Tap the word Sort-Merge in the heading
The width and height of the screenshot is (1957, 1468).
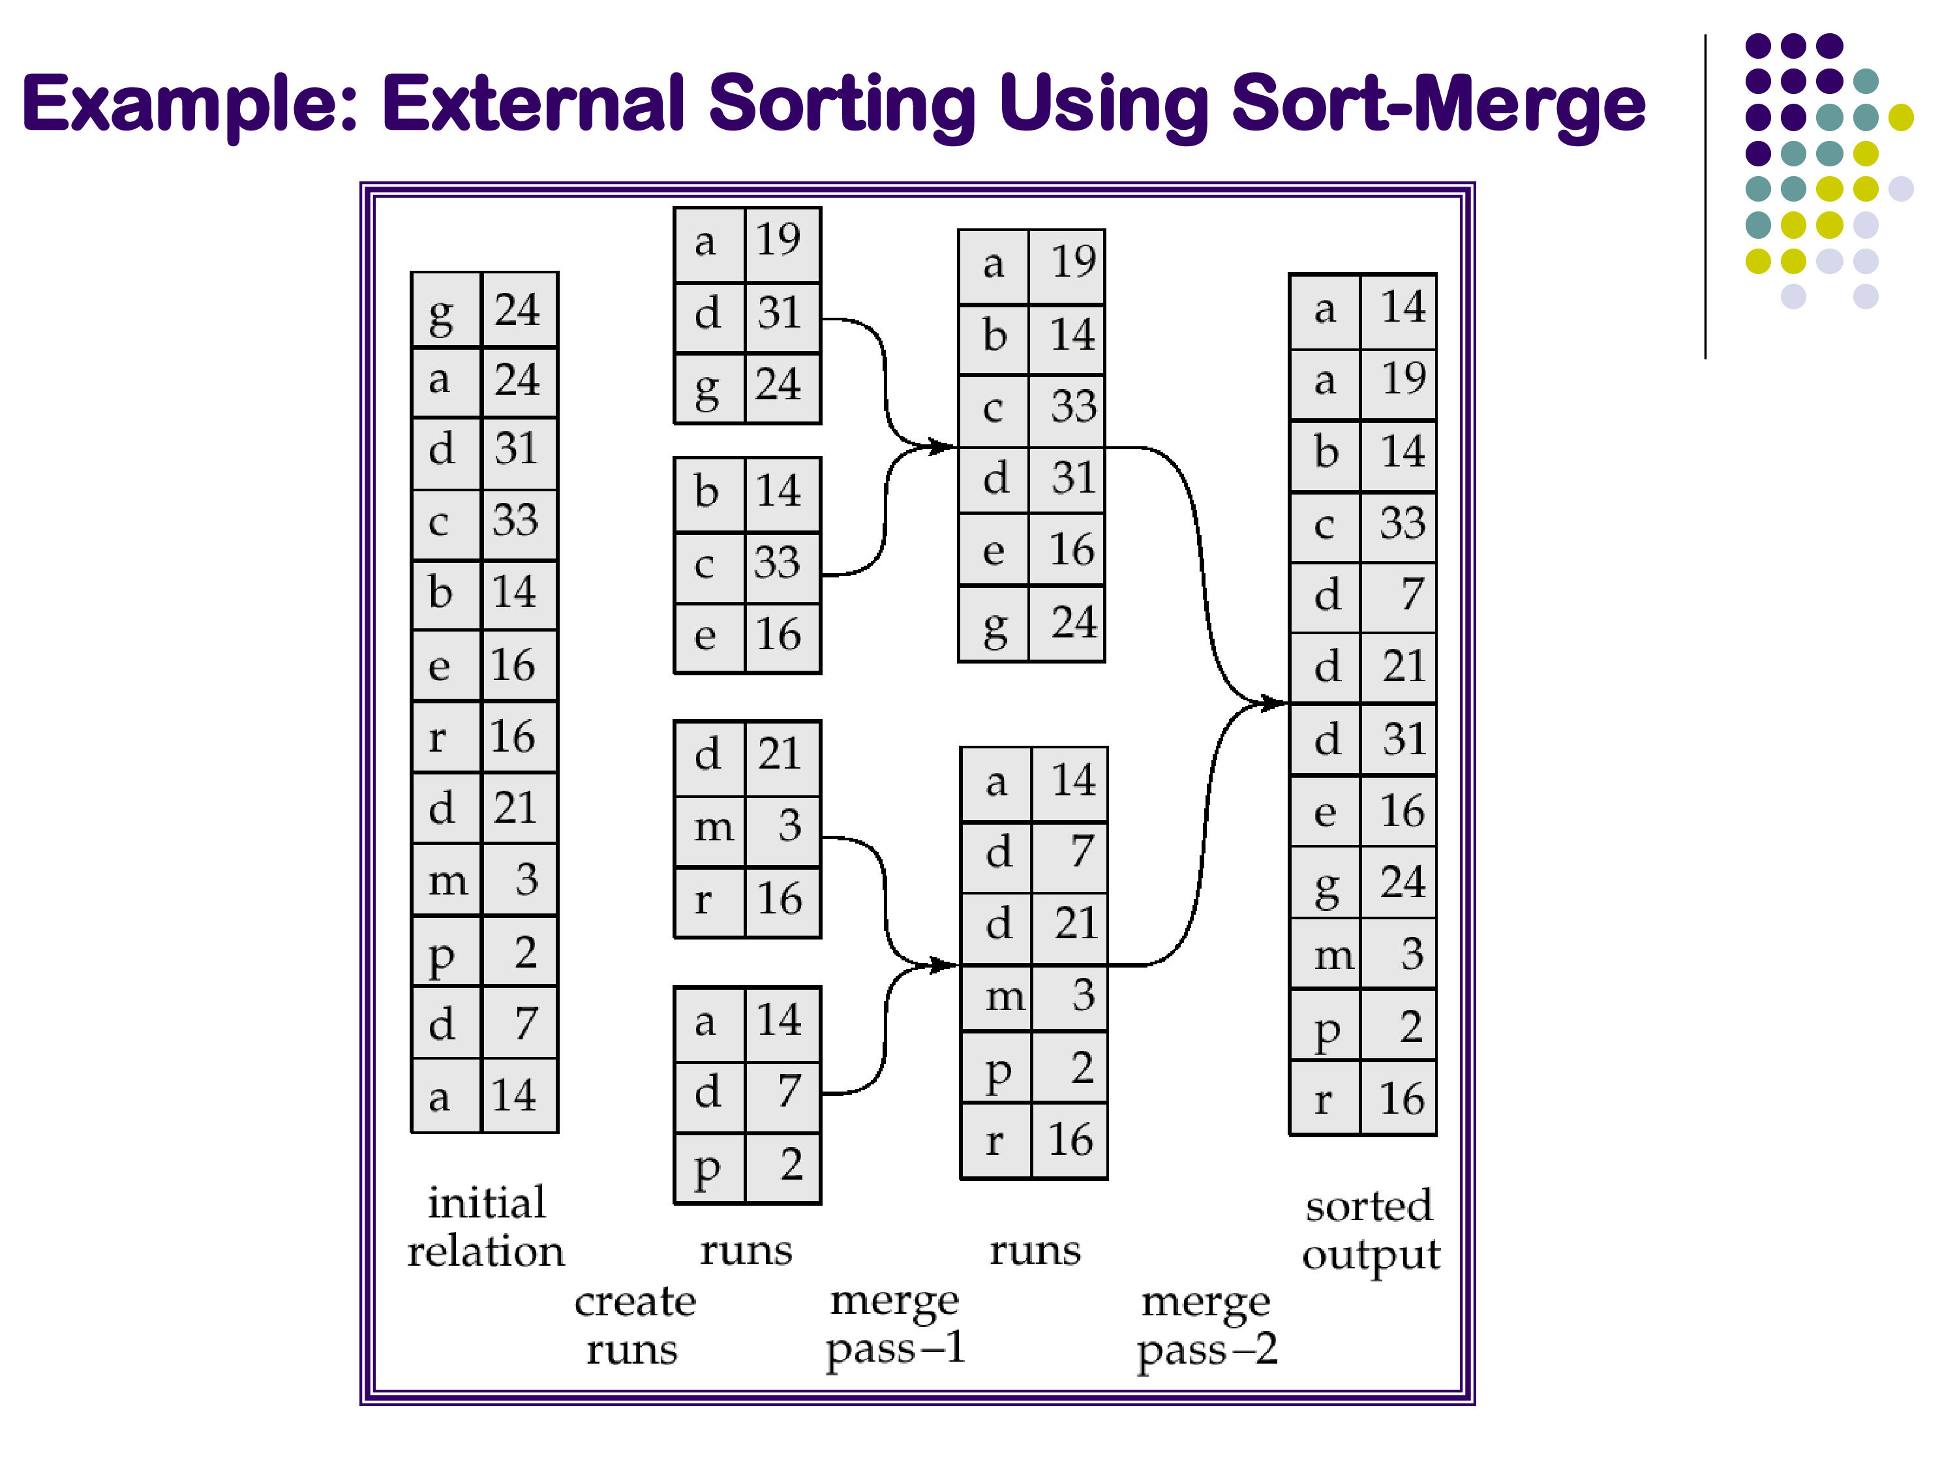(x=1438, y=104)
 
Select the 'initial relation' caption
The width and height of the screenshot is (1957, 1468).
(x=486, y=1227)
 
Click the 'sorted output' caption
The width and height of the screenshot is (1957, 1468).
(x=1371, y=1230)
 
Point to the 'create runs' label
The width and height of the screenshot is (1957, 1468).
(x=634, y=1324)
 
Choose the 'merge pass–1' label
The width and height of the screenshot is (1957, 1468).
(x=894, y=1324)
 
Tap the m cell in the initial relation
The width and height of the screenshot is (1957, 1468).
(x=446, y=879)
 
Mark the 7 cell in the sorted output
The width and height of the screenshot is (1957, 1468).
(x=1399, y=594)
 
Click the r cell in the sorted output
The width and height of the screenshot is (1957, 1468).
(x=1324, y=1099)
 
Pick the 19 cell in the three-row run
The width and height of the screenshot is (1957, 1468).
(x=782, y=241)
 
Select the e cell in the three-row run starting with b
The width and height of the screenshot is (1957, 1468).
(x=708, y=635)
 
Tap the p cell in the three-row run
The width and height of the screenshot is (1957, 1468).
(x=708, y=1167)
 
